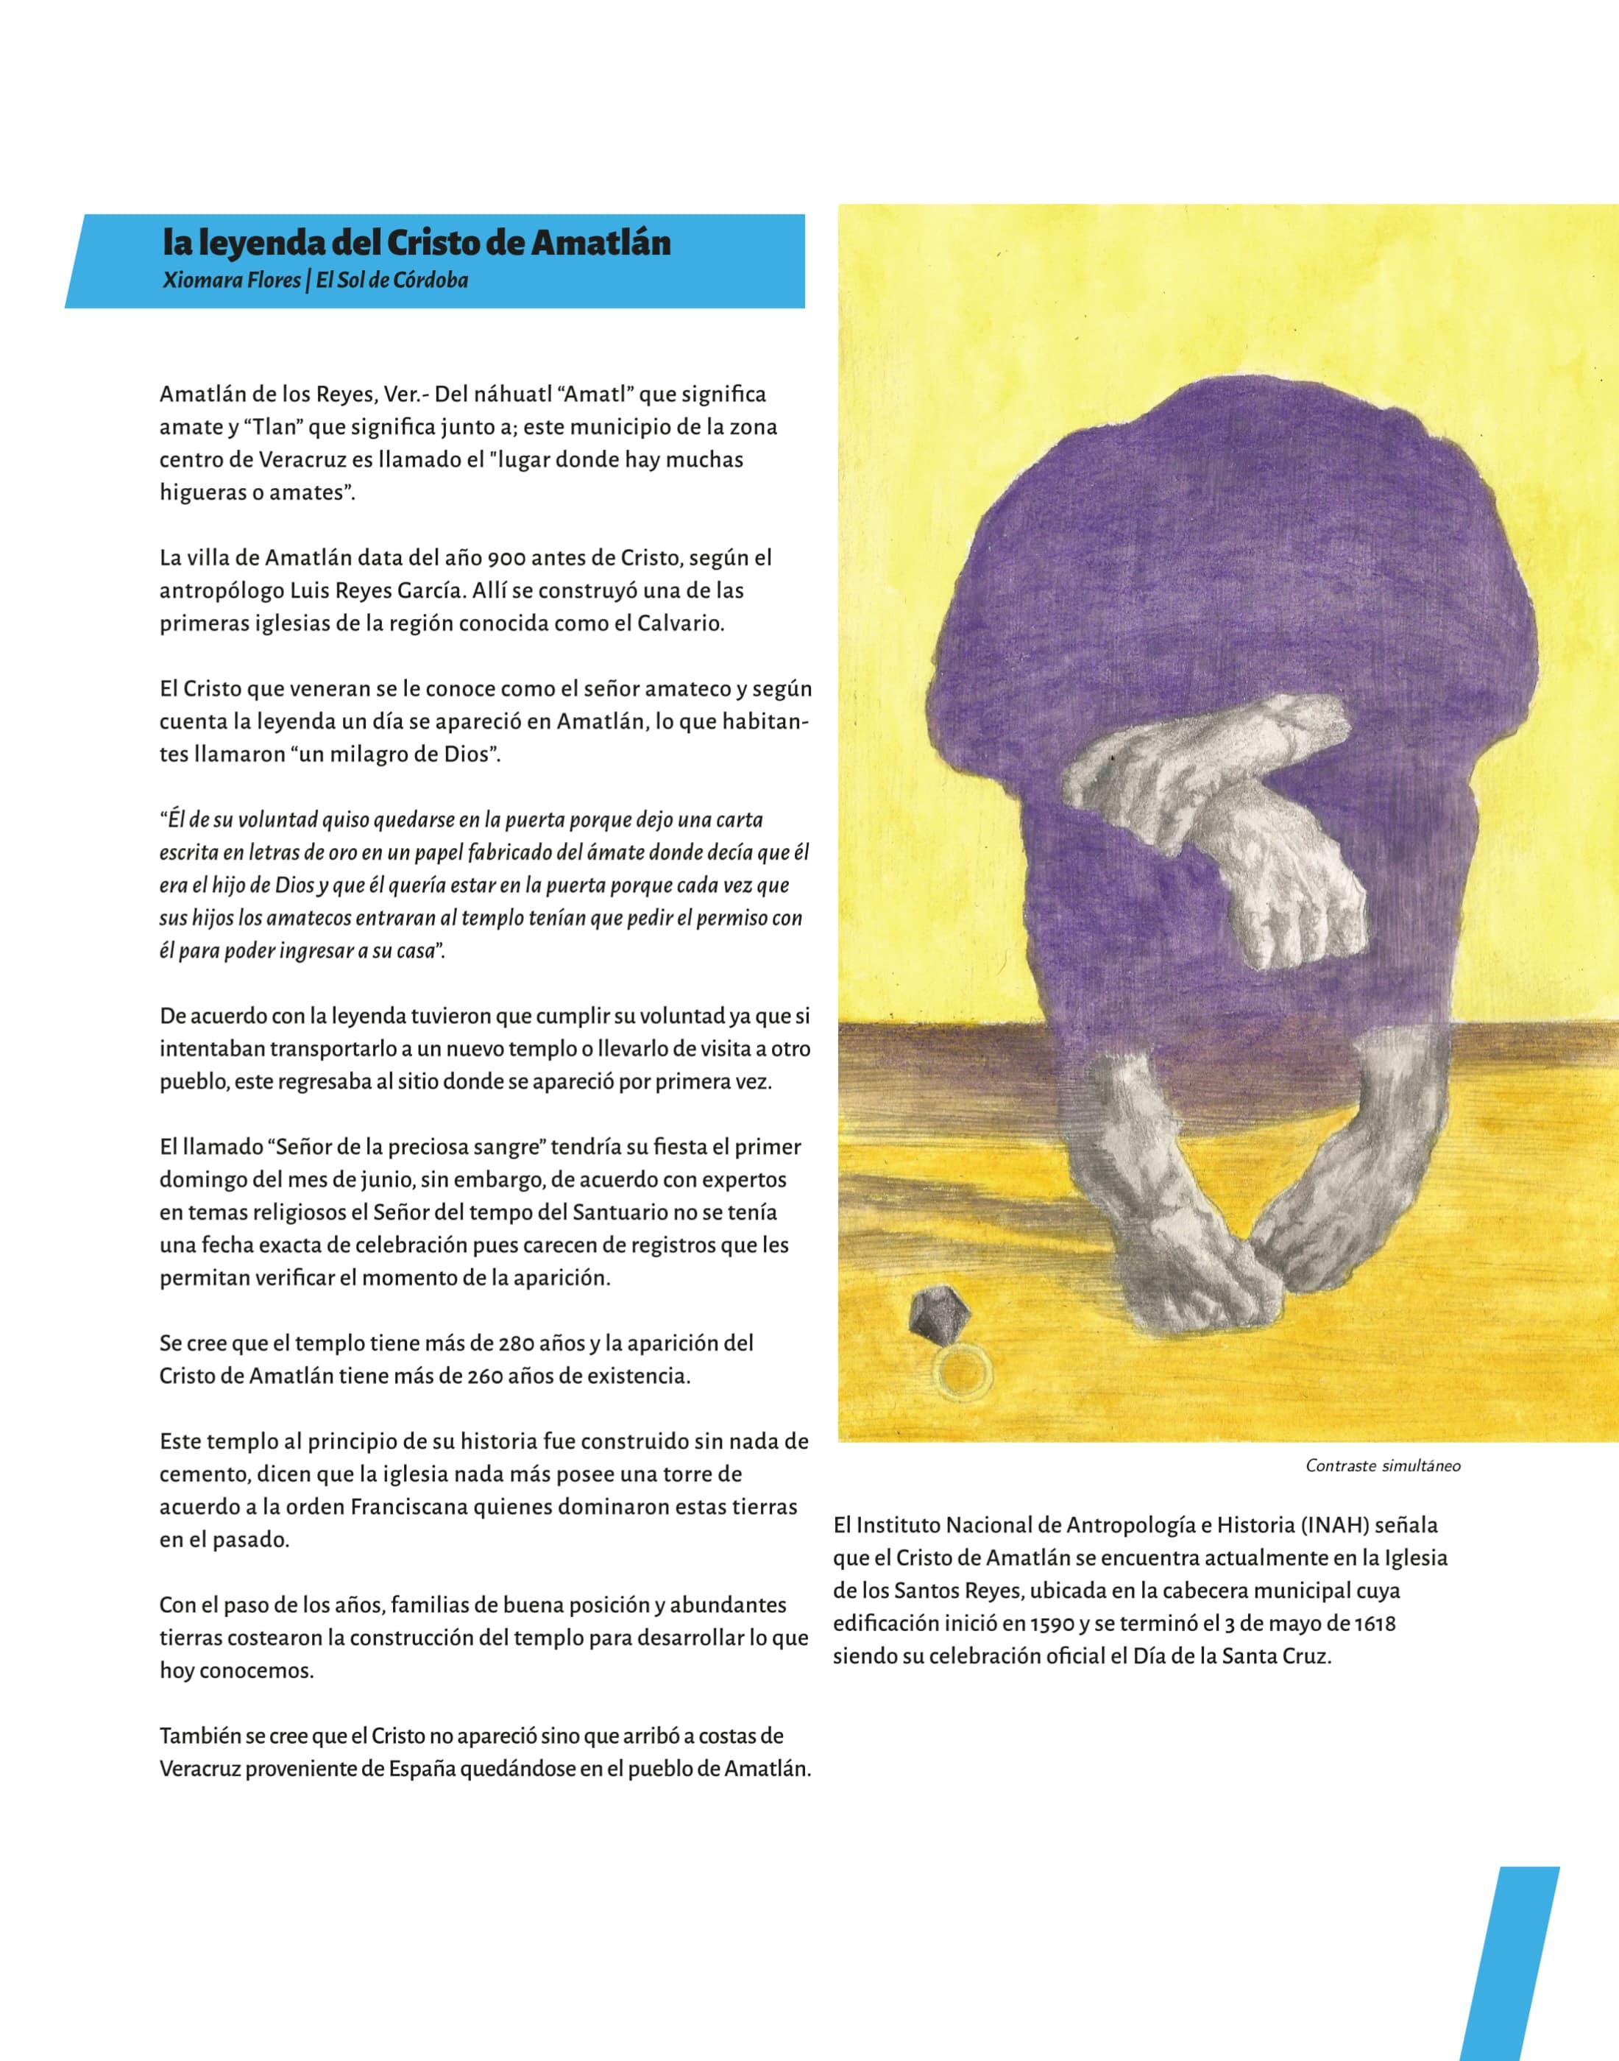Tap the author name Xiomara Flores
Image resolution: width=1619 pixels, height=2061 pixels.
(230, 280)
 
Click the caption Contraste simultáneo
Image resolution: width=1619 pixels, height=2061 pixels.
(1383, 1466)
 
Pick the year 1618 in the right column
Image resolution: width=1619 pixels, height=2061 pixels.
(1375, 1623)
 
